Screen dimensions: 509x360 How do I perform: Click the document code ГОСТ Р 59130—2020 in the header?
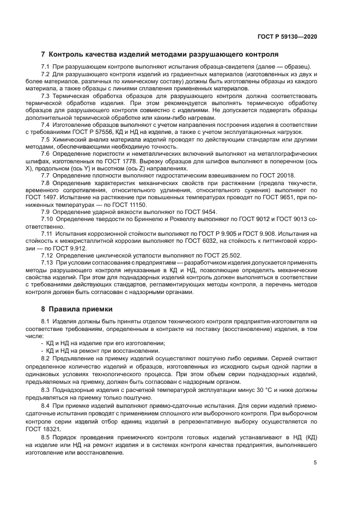(287, 36)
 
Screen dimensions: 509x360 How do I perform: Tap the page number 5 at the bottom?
(315, 463)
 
